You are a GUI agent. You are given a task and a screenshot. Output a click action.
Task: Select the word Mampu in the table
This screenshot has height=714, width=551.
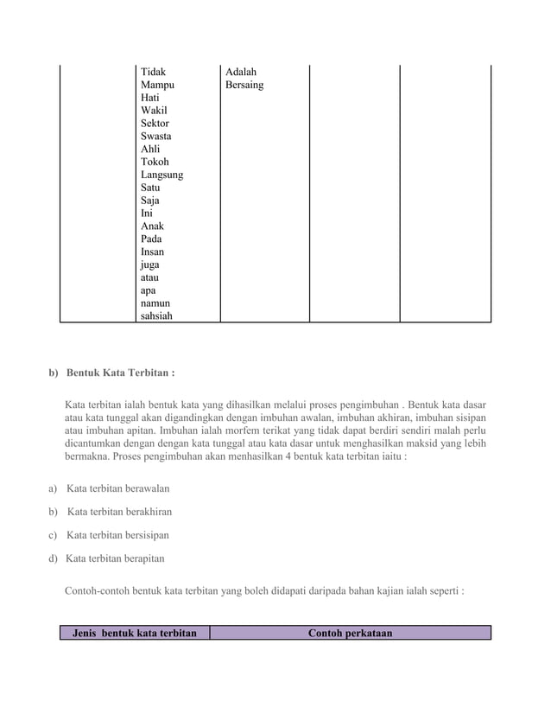coord(157,85)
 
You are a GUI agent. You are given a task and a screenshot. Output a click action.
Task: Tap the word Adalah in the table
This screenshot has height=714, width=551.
coord(240,72)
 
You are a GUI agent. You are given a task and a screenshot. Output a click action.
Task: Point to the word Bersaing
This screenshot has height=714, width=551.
coord(244,85)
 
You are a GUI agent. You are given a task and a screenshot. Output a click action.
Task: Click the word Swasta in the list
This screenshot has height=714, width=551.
coord(155,136)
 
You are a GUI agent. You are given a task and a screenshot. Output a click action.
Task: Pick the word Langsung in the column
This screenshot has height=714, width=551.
coord(161,175)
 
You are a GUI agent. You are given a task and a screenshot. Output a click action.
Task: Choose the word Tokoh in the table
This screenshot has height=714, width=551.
coord(155,162)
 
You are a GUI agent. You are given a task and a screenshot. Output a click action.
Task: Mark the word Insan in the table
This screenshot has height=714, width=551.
coord(154,252)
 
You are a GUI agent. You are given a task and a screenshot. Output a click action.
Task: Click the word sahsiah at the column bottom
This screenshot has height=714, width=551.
coord(156,316)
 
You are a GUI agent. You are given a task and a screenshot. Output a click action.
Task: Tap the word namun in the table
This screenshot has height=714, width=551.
coord(155,303)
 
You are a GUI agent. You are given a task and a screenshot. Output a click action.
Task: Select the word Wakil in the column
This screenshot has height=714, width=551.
coord(154,111)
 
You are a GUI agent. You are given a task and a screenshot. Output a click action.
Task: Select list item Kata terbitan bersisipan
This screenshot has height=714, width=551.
coord(117,534)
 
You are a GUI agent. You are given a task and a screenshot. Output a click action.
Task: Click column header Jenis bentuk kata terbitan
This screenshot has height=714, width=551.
coord(135,633)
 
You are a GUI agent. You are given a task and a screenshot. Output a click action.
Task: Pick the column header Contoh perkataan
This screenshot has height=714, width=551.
coord(350,633)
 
